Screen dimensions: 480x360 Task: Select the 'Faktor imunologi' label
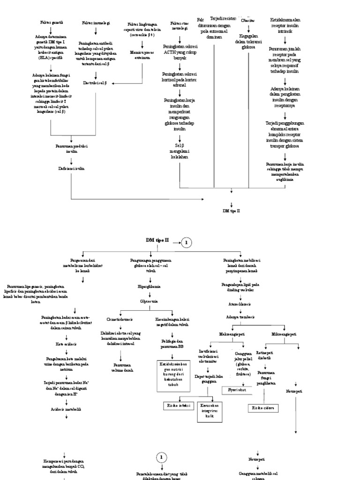coord(96,22)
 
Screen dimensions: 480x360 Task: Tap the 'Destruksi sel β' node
coord(95,83)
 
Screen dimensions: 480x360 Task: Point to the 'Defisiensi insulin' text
coord(71,167)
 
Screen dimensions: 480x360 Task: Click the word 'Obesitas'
coord(247,21)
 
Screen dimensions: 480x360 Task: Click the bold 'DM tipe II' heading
coord(156,240)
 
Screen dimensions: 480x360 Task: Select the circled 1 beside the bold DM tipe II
coord(186,242)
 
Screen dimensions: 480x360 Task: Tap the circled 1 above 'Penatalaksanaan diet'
coord(161,457)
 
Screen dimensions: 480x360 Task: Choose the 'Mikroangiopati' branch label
coord(285,334)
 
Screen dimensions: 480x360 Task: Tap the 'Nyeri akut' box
coord(236,390)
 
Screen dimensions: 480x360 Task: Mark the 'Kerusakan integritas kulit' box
coord(210,411)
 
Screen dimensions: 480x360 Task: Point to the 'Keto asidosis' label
coord(66,344)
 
